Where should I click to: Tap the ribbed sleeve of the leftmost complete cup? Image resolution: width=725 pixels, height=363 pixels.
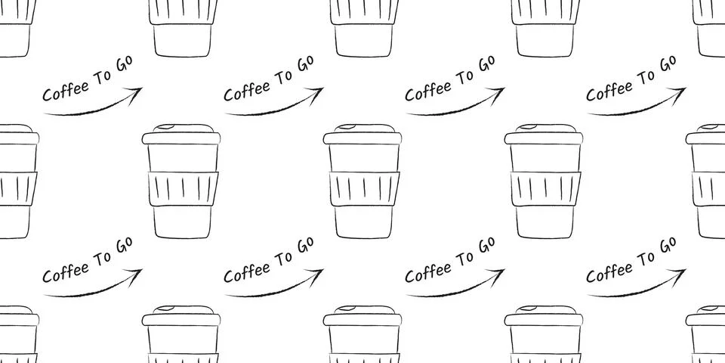tap(181, 188)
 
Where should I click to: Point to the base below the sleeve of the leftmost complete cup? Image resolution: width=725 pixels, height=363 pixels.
tap(181, 221)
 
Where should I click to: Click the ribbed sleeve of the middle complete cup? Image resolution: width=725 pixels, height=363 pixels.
tap(362, 188)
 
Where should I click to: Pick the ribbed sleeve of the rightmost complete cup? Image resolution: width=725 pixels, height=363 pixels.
tap(544, 188)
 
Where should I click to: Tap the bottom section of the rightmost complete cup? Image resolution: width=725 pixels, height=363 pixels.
tap(544, 221)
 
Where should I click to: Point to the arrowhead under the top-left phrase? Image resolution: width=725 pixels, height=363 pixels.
tap(136, 92)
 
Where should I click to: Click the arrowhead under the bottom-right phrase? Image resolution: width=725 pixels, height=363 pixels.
tap(680, 273)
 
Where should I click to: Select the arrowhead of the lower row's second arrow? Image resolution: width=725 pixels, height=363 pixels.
tap(317, 273)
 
